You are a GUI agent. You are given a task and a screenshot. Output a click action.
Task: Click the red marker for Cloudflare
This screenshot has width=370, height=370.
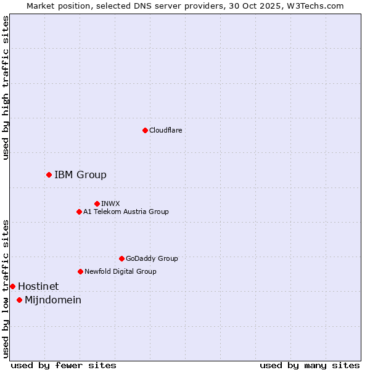click(145, 130)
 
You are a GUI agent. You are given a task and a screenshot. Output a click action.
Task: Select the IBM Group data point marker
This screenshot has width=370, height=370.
click(49, 175)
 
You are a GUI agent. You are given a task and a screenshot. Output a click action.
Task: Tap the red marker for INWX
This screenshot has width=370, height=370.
click(97, 203)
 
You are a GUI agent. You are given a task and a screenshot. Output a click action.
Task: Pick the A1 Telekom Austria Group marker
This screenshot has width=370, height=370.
click(79, 212)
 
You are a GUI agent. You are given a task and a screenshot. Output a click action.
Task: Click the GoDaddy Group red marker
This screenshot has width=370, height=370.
click(121, 258)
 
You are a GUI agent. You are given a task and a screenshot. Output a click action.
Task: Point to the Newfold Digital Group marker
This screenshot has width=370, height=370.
click(80, 271)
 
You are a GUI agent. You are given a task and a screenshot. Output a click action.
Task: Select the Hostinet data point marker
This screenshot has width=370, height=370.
click(12, 286)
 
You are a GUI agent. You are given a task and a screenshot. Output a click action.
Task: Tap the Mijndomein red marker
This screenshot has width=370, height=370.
click(19, 300)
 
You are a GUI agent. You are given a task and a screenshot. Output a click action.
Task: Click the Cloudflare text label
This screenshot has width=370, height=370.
click(165, 130)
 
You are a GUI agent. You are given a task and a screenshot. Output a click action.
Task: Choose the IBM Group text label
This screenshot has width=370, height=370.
click(80, 175)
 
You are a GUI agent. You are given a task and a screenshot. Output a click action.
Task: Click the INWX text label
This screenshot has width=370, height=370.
click(110, 203)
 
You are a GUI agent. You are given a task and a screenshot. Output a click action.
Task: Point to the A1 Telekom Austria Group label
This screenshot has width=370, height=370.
click(126, 212)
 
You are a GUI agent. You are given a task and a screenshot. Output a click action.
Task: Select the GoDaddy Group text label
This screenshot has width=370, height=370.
click(152, 258)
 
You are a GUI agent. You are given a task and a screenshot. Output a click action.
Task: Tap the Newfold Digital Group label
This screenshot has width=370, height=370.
click(120, 271)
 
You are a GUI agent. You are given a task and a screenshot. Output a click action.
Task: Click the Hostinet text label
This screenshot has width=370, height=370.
click(38, 286)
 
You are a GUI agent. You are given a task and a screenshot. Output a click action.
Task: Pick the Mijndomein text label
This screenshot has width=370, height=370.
click(53, 300)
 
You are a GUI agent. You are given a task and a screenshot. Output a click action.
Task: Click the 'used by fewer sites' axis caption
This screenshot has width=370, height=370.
click(64, 365)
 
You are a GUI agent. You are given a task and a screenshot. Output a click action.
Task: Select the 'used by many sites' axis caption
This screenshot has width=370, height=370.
click(310, 365)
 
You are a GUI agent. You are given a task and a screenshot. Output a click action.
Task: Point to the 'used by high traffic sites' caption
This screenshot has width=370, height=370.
click(6, 88)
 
